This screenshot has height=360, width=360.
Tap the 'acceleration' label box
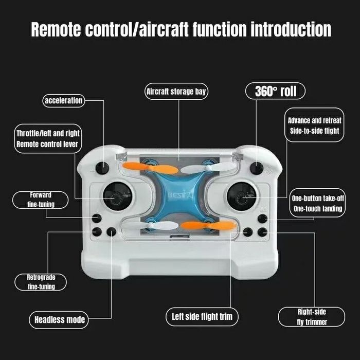pos(63,100)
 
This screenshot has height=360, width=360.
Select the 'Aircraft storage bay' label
pos(177,92)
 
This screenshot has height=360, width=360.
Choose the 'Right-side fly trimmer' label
pos(312,316)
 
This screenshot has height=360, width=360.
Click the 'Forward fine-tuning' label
pos(41,200)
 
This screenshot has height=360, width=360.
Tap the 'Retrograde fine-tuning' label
pos(41,282)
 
